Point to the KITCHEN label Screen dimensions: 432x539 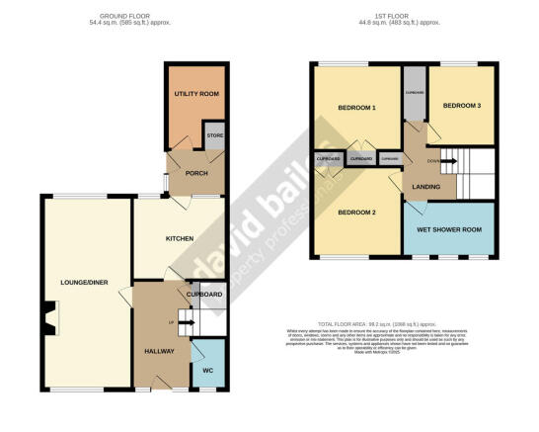click(179, 238)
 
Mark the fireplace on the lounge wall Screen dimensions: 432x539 click(49, 318)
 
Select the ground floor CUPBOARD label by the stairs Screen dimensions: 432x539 click(204, 295)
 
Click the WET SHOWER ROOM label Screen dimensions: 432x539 click(447, 230)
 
